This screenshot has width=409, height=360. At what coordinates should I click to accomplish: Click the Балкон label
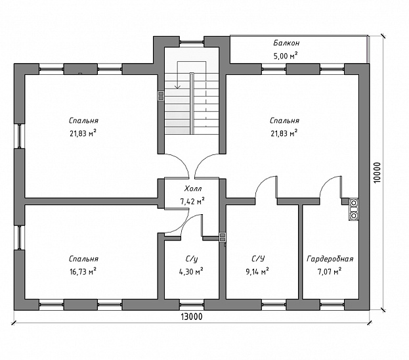[x=286, y=43]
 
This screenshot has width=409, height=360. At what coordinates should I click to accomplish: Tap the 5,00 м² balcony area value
[x=286, y=55]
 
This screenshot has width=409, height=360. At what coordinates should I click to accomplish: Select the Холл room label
[x=192, y=188]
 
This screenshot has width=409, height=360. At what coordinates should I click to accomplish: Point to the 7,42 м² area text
[x=192, y=200]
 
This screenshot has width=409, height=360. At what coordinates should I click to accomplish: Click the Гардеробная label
[x=330, y=259]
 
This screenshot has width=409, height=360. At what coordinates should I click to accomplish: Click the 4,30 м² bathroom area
[x=192, y=271]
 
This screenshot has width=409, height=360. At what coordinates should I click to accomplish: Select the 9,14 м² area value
[x=257, y=271]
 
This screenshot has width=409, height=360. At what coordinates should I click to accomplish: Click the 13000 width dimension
[x=191, y=317]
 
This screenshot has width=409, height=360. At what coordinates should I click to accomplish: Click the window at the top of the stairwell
[x=192, y=42]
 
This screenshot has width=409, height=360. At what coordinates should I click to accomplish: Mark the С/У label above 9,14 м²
[x=257, y=259]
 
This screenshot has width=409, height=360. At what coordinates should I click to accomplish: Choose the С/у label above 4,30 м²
[x=192, y=259]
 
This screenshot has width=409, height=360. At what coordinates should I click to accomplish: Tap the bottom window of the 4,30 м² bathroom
[x=192, y=304]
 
